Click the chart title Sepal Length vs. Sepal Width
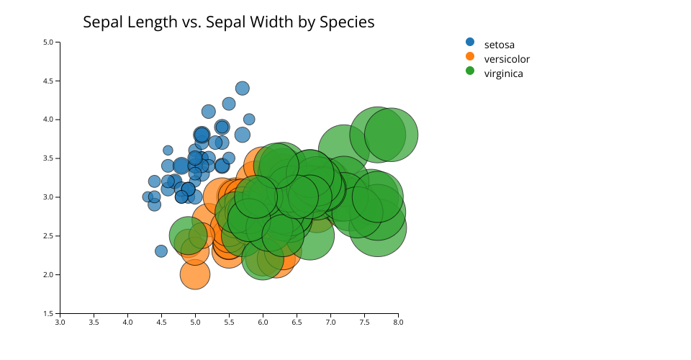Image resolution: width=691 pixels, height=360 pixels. [228, 22]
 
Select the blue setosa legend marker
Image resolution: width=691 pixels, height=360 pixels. [470, 42]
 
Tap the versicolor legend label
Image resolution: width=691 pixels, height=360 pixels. [507, 59]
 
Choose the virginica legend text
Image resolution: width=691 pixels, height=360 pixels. [503, 73]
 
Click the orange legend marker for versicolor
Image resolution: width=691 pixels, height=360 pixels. [470, 56]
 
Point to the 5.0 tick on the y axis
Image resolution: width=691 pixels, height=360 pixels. [49, 42]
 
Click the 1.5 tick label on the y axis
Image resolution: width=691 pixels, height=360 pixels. [49, 313]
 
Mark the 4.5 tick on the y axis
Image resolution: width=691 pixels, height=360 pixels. [49, 81]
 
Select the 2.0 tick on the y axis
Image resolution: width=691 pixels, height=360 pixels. [49, 274]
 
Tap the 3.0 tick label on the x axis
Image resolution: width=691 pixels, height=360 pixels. [60, 322]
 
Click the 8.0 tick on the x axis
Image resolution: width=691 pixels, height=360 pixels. [398, 322]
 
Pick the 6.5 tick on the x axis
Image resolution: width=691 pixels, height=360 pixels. [297, 322]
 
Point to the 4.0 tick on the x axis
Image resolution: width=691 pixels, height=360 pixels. [127, 322]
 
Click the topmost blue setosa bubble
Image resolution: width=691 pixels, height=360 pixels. [243, 89]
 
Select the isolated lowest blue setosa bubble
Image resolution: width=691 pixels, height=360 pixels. [161, 251]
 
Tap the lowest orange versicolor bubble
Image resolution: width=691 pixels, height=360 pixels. [194, 274]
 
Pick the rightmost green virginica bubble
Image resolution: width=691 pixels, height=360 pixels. [391, 135]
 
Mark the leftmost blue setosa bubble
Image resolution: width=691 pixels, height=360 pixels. [148, 197]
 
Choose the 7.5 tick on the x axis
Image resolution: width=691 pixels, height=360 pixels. [364, 322]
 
